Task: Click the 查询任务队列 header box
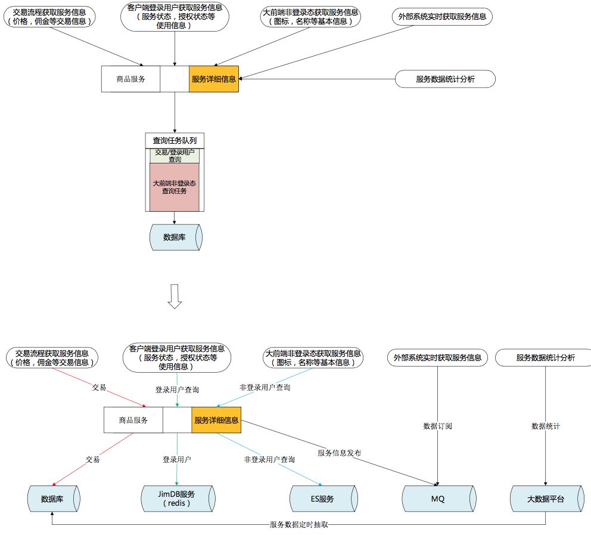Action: (175, 141)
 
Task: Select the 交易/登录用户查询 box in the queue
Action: (175, 156)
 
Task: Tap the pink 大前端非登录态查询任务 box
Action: (175, 187)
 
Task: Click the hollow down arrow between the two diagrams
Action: (175, 296)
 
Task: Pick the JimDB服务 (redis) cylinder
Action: (177, 499)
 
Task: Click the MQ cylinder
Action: (438, 499)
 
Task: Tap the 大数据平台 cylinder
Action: (546, 499)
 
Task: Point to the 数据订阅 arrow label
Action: (438, 426)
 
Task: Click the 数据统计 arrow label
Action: (546, 426)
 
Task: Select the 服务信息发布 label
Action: (339, 453)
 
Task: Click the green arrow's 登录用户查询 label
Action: (177, 389)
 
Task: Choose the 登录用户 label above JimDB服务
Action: (177, 460)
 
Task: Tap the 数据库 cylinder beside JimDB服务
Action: (54, 499)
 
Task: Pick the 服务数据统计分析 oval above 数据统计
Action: (545, 358)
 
